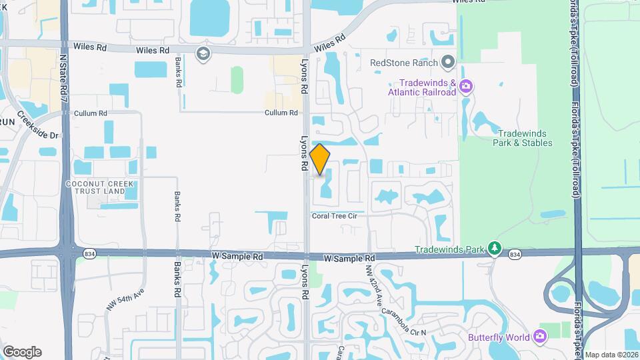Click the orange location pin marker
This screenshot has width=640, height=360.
[x=320, y=159]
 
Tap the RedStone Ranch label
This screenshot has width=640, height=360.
[x=404, y=63]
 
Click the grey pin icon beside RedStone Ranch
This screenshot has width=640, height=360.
[x=448, y=63]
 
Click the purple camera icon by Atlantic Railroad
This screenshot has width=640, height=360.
[x=467, y=85]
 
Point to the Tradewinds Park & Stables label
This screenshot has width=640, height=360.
[x=523, y=138]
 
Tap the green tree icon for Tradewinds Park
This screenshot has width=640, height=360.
[x=494, y=249]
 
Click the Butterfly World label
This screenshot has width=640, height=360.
[x=499, y=337]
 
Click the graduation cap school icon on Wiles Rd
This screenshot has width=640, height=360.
[x=202, y=53]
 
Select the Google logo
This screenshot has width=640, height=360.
[x=22, y=352]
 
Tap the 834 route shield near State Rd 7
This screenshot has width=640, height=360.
[x=89, y=254]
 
